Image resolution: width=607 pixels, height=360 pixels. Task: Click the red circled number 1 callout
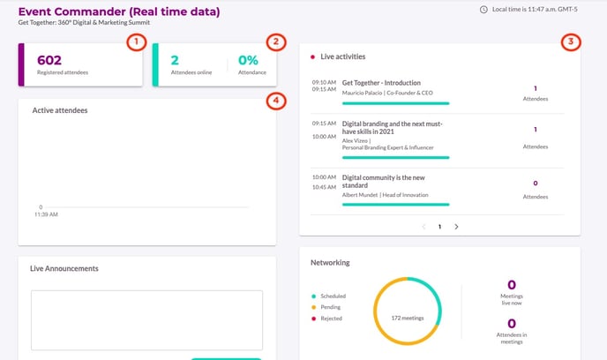tap(135, 41)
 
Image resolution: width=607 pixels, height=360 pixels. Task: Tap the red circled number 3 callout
tap(572, 41)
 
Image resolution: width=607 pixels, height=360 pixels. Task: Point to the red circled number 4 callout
tap(276, 101)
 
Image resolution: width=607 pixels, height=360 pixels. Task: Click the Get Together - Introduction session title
tap(386, 82)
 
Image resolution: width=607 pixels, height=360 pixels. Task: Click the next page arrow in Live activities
tap(456, 227)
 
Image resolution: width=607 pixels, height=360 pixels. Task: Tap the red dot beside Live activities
tap(312, 56)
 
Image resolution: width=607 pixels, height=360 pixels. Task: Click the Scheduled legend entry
tap(333, 296)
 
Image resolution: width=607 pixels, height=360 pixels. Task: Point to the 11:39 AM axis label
tap(46, 214)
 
